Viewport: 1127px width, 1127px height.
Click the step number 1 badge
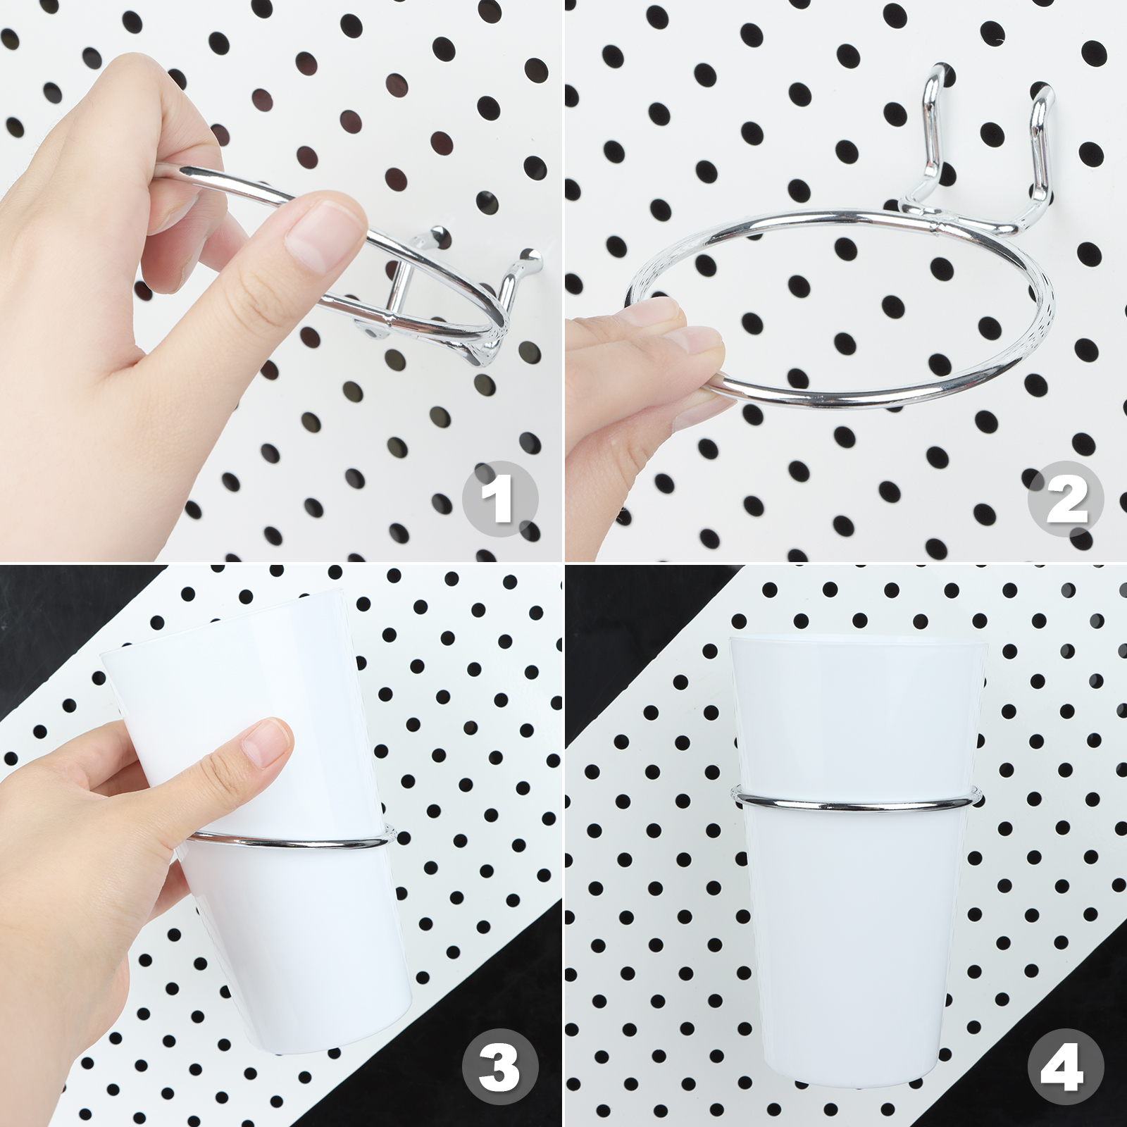(x=500, y=499)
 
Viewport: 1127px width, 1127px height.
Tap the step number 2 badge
(x=1066, y=499)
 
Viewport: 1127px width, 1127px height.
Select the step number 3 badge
(x=500, y=1066)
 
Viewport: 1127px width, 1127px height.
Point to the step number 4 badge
(x=1066, y=1066)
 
